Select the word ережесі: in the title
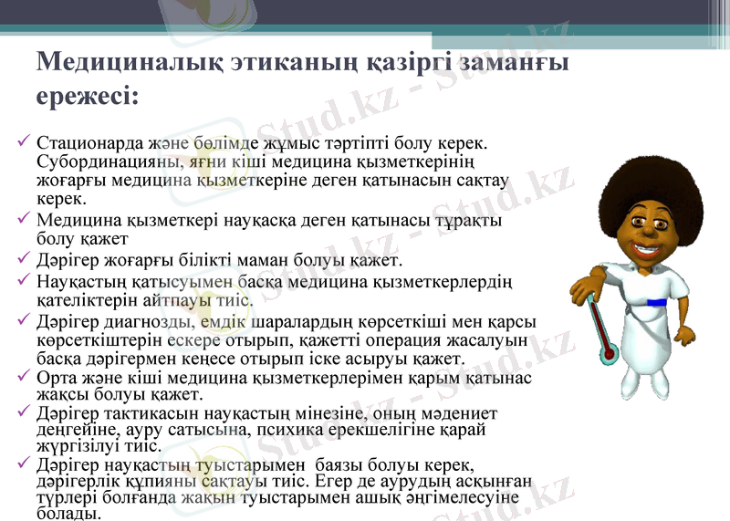tap(88, 95)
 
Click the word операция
tap(415, 339)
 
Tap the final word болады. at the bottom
tap(63, 514)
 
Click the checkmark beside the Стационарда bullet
tap(24, 143)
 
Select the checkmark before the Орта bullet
tap(24, 377)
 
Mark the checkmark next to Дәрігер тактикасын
tap(24, 412)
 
